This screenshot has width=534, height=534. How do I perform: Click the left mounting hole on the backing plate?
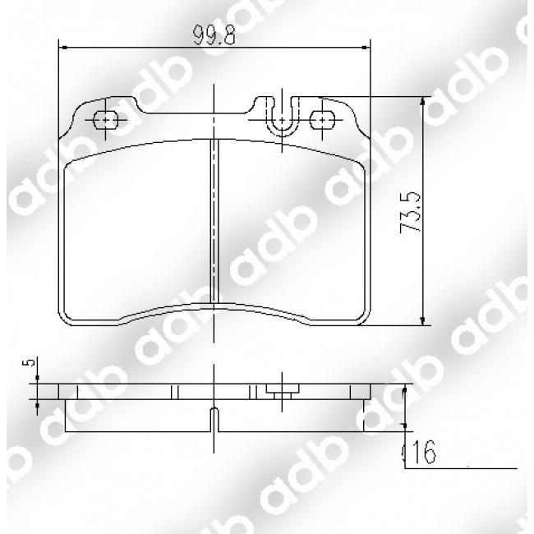pyautogui.click(x=107, y=120)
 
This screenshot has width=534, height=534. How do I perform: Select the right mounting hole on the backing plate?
pyautogui.click(x=322, y=120)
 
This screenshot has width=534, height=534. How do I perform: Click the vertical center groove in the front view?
pyautogui.click(x=214, y=222)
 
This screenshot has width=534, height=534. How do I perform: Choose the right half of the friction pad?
pyautogui.click(x=292, y=230)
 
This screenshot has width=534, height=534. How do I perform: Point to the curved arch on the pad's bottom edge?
pyautogui.click(x=214, y=306)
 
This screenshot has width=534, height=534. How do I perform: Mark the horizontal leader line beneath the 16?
pyautogui.click(x=460, y=467)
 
